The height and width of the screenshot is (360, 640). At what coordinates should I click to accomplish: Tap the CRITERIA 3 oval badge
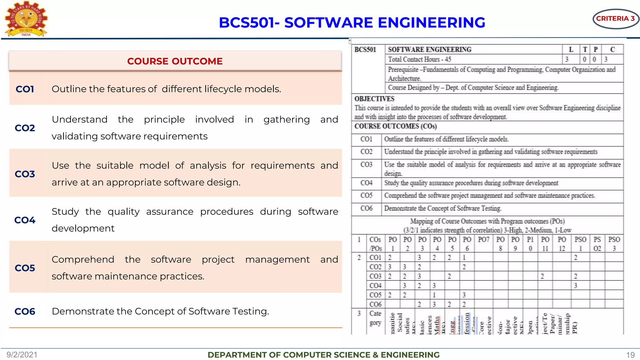pos(615,19)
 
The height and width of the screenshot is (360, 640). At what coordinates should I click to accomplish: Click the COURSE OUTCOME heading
pos(175,61)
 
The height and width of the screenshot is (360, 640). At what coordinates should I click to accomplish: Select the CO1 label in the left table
pos(25,89)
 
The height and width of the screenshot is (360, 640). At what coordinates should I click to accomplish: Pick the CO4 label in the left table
pos(25,220)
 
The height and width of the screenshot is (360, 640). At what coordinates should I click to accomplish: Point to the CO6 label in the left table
pos(25,311)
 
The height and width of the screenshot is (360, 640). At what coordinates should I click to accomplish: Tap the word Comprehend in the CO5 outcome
pos(83,259)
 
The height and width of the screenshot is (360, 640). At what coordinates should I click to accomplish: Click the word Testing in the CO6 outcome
pos(250,311)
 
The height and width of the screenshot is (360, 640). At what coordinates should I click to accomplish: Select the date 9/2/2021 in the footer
pos(22,355)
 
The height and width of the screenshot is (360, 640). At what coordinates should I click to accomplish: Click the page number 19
pos(630,355)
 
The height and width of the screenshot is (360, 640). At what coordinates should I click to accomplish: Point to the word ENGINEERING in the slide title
pos(431,22)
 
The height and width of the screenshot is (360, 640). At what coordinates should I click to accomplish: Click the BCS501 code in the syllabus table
pos(365,50)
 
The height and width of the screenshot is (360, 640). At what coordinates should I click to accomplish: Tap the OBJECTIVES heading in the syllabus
pos(374,99)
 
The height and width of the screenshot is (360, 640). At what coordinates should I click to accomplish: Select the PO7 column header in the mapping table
pos(483,240)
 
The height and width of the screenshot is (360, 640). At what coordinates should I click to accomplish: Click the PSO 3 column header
pos(614,244)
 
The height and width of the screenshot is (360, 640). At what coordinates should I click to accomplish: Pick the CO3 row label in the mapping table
pos(375,276)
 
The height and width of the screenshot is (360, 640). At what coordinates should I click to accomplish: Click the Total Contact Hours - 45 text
pos(419,59)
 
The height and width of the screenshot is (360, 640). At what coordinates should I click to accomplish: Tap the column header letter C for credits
pos(612,50)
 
